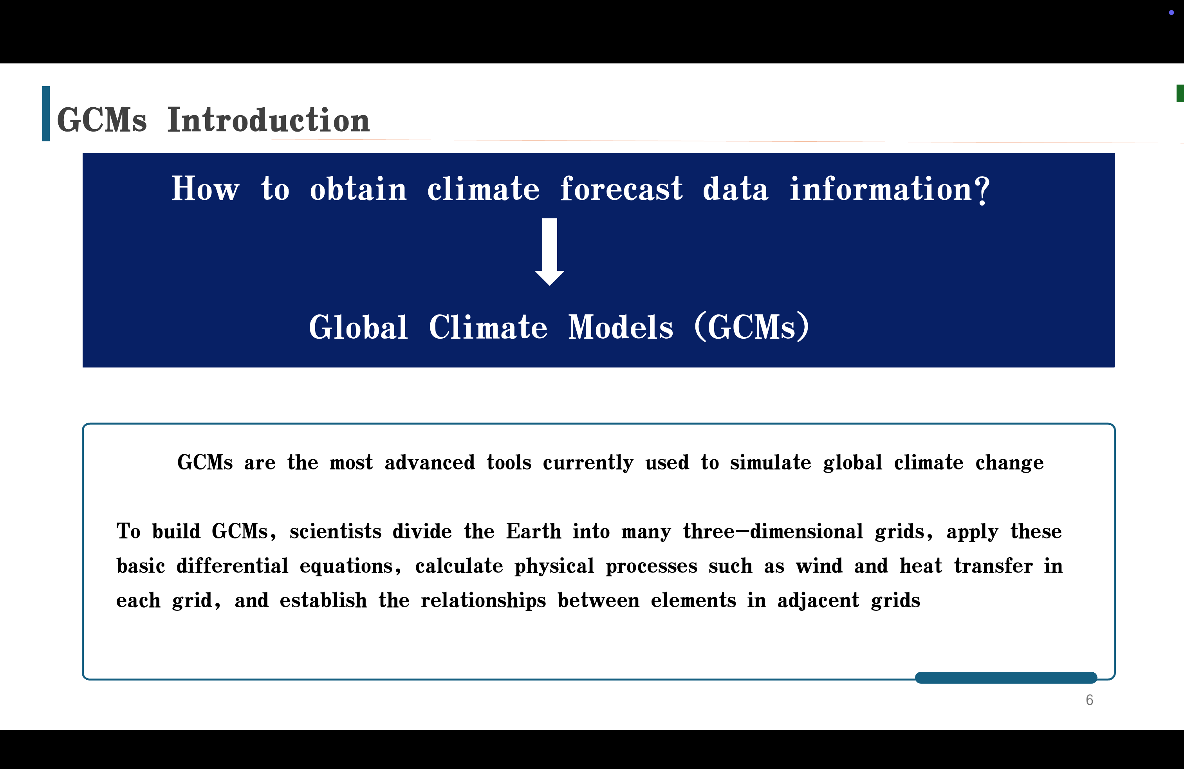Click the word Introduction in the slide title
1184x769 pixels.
point(269,120)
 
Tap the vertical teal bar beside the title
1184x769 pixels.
point(46,114)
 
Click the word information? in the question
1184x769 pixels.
point(890,190)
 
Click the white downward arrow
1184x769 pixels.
point(550,252)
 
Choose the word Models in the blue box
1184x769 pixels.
point(621,327)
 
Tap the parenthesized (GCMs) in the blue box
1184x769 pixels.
point(752,327)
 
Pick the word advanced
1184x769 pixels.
point(430,462)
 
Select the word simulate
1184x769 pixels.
point(771,462)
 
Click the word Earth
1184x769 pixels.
point(534,531)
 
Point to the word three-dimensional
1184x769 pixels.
point(773,531)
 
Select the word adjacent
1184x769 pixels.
point(818,600)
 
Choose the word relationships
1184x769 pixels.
point(483,600)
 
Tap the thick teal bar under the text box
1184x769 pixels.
point(1006,677)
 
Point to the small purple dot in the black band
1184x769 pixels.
point(1171,13)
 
